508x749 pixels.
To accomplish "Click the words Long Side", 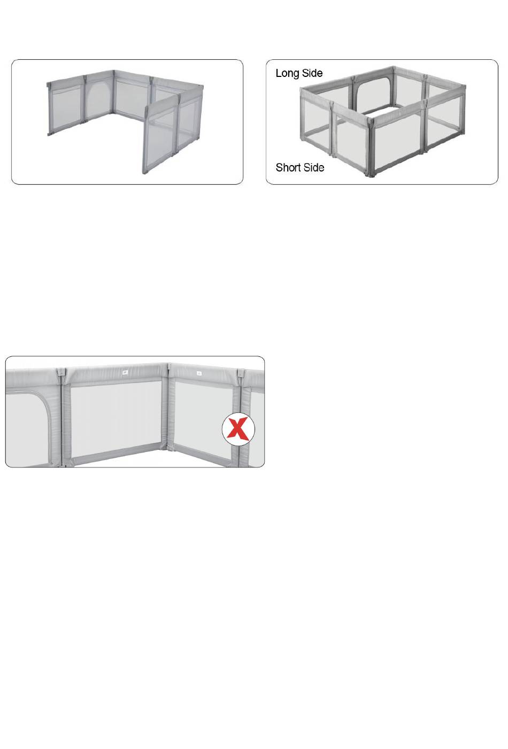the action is [x=299, y=73].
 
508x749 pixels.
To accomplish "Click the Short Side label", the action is [x=300, y=168].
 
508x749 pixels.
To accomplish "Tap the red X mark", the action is [x=238, y=428].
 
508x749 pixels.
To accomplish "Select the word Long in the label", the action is [x=287, y=74].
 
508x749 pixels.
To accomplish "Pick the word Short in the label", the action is [x=288, y=168].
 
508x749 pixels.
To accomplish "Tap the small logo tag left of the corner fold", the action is [x=125, y=372].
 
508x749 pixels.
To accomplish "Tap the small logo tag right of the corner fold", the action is [x=199, y=373].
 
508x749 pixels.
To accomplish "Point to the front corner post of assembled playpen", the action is [x=371, y=149].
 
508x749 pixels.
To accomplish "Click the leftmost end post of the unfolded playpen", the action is [x=50, y=108].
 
